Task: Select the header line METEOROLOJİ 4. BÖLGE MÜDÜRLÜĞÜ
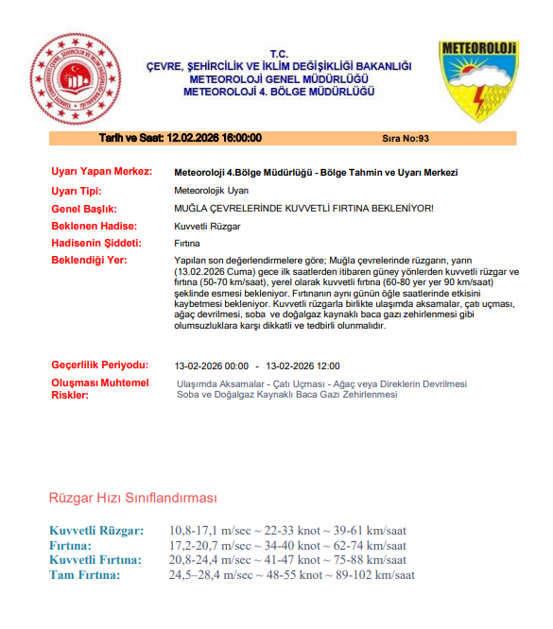[279, 92]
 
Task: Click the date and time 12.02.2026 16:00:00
[180, 138]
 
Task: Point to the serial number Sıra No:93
[406, 138]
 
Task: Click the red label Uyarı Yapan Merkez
[101, 173]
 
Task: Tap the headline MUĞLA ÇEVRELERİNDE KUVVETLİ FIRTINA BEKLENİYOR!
[303, 208]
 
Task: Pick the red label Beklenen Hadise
[94, 226]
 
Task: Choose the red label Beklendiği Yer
[89, 260]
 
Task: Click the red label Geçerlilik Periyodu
[99, 365]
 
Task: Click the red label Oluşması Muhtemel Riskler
[99, 388]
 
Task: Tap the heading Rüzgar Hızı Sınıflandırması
[133, 498]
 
